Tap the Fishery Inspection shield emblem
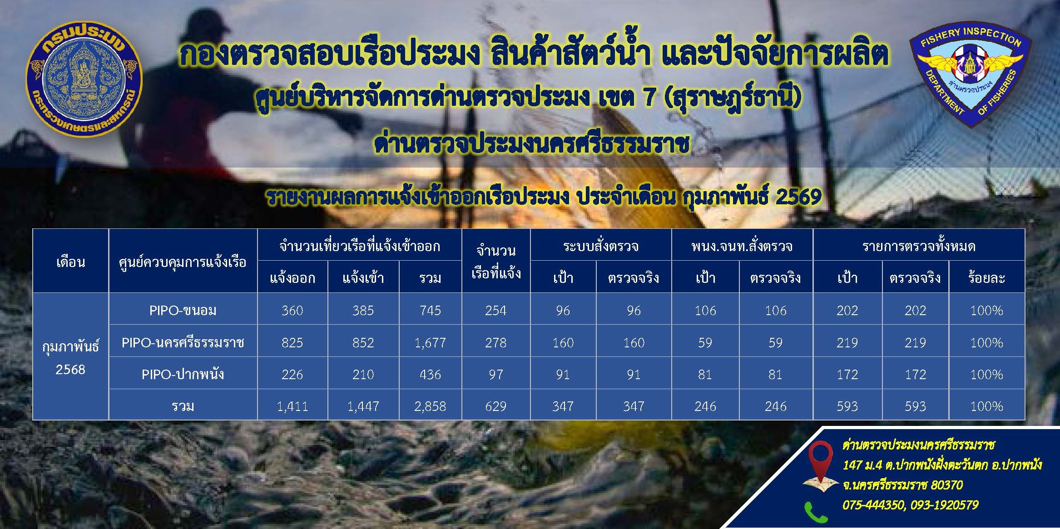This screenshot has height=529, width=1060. coord(969,74)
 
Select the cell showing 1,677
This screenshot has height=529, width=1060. coord(430,342)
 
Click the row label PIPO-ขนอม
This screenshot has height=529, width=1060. coord(183,311)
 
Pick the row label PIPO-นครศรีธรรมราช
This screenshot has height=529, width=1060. coord(183,342)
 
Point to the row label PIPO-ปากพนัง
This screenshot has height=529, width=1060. coord(183,375)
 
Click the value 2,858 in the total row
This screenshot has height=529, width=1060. coord(430,406)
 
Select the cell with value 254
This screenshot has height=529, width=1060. coord(495,311)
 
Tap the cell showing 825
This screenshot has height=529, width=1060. coord(292,342)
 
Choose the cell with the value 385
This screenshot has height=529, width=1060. coord(363,311)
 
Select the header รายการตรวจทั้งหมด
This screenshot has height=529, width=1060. coord(918,246)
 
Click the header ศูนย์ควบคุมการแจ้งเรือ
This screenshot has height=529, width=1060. coord(183,262)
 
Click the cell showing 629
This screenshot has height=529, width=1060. coord(495,406)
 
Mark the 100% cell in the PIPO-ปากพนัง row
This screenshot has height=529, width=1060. coord(986,375)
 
